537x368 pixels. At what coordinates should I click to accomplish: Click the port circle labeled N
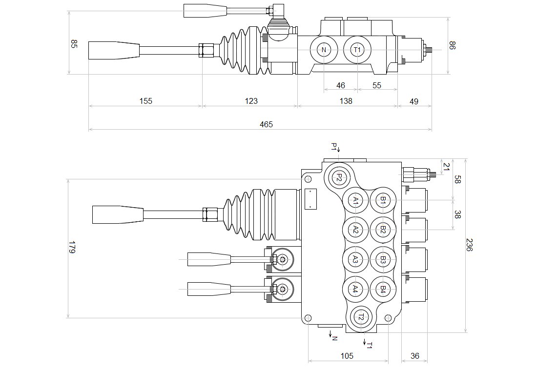pyautogui.click(x=324, y=50)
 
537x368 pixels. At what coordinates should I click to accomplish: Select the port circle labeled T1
pyautogui.click(x=357, y=50)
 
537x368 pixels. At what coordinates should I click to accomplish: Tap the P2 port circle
pyautogui.click(x=339, y=177)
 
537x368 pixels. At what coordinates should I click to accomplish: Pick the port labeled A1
pyautogui.click(x=356, y=200)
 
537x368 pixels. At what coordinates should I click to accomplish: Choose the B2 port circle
pyautogui.click(x=383, y=230)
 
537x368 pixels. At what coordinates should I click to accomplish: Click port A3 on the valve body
pyautogui.click(x=356, y=260)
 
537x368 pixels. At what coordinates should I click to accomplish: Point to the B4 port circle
pyautogui.click(x=383, y=290)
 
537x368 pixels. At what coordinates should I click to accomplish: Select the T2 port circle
pyautogui.click(x=360, y=317)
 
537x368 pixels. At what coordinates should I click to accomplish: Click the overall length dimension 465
pyautogui.click(x=266, y=124)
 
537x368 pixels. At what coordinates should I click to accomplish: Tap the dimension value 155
pyautogui.click(x=145, y=101)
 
